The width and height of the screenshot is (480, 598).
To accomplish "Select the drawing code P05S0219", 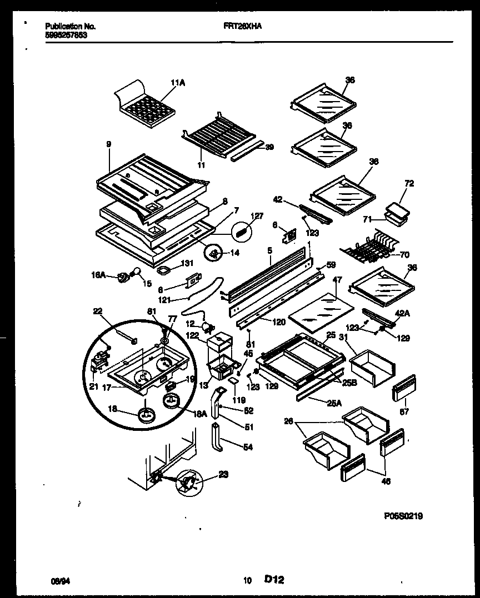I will [403, 516].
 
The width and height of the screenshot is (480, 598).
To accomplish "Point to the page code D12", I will [274, 580].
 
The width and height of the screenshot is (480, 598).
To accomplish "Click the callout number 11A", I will [178, 83].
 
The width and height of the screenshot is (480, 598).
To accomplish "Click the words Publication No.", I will [70, 26].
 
